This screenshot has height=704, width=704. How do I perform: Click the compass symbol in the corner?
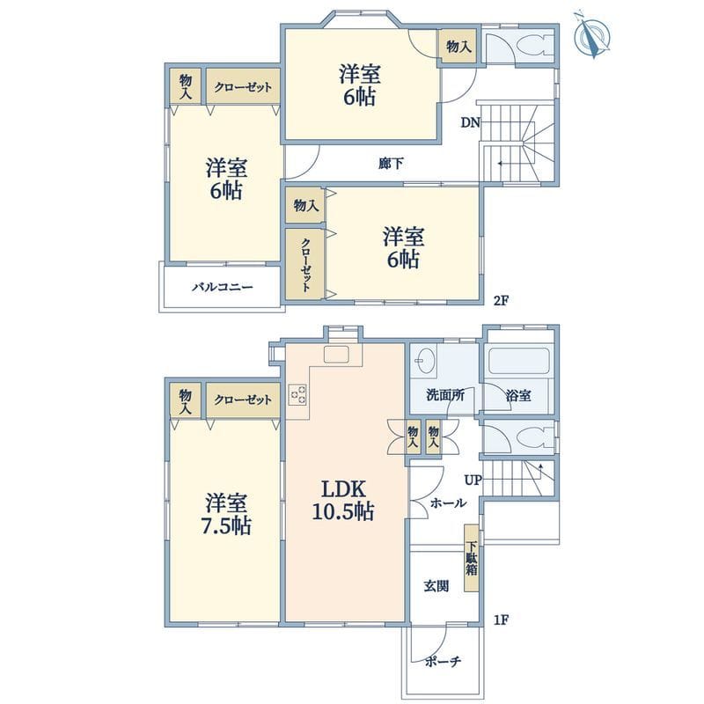(592, 34)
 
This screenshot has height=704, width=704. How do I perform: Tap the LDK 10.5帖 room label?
(343, 500)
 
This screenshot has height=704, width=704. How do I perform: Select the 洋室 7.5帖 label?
(226, 514)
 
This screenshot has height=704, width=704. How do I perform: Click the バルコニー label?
(223, 287)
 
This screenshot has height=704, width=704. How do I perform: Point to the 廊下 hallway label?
(390, 164)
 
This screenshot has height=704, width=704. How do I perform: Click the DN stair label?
(471, 122)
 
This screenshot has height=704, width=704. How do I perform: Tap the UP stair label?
(473, 480)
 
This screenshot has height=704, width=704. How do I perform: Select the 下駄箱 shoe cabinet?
(472, 558)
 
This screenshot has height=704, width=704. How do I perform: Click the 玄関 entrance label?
(436, 586)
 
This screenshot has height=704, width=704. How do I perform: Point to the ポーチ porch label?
(443, 661)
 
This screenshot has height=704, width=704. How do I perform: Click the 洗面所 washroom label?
(445, 395)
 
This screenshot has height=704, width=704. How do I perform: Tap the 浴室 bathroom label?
(518, 395)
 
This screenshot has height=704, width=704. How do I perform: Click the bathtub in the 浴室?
(520, 361)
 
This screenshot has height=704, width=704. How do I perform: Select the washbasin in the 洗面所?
(422, 360)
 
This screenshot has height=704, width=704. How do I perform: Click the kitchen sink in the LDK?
(336, 355)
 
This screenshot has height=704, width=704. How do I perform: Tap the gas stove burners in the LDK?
(298, 394)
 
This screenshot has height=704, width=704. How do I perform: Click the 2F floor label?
(501, 300)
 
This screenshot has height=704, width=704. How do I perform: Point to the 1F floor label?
(501, 620)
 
